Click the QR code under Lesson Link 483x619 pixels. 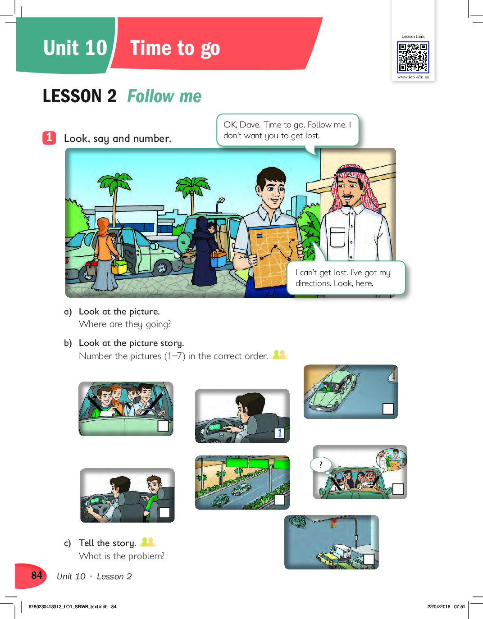click(413, 57)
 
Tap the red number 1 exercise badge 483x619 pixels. click(49, 138)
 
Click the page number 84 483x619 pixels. click(37, 575)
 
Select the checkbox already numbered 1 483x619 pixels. click(279, 432)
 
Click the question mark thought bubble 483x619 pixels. click(321, 464)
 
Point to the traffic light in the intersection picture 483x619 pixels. click(333, 523)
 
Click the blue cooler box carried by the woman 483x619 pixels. click(219, 259)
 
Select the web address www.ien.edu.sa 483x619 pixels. click(413, 77)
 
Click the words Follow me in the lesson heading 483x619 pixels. click(164, 96)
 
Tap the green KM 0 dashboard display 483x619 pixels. click(214, 427)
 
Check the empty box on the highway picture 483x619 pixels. click(279, 499)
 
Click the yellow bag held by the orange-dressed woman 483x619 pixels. click(119, 267)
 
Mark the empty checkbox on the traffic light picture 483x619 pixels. click(369, 559)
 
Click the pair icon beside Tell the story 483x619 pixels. click(149, 542)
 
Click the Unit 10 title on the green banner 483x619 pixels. click(75, 48)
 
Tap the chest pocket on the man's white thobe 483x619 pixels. click(337, 237)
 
